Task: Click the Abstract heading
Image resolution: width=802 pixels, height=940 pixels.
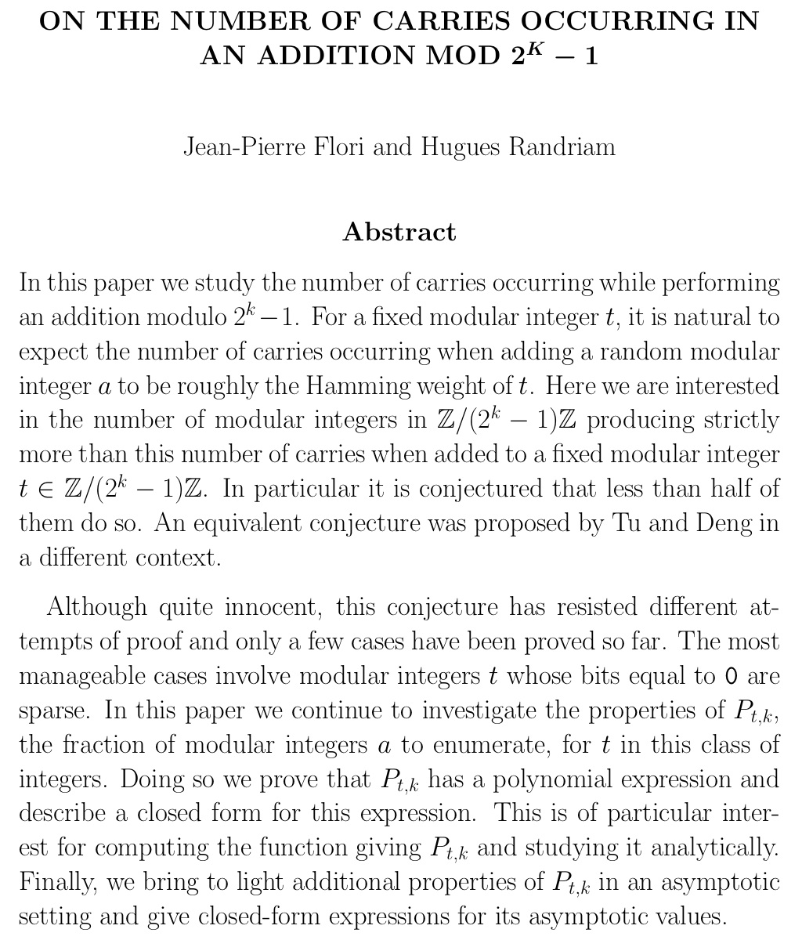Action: point(399,232)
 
